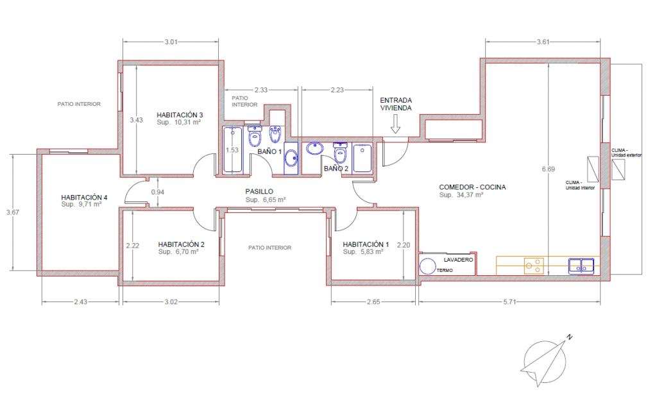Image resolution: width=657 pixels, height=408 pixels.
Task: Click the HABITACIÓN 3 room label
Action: pyautogui.click(x=180, y=115)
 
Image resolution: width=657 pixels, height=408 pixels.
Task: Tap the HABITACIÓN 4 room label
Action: pyautogui.click(x=84, y=198)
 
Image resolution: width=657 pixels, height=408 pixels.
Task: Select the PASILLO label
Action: pyautogui.click(x=259, y=191)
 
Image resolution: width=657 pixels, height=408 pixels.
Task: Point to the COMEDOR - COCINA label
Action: pyautogui.click(x=472, y=187)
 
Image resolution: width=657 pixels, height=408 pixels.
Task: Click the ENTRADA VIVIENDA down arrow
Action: pyautogui.click(x=395, y=124)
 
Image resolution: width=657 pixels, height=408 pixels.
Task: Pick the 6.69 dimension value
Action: pyautogui.click(x=548, y=169)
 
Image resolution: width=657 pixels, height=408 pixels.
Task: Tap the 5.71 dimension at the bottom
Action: pyautogui.click(x=509, y=302)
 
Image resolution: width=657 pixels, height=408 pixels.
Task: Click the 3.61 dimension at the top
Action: pyautogui.click(x=543, y=42)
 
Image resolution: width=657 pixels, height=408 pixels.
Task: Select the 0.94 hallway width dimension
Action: pyautogui.click(x=158, y=192)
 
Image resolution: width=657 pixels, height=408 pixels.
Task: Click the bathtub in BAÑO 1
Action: pyautogui.click(x=232, y=150)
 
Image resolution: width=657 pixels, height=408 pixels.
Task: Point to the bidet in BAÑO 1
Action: pyautogui.click(x=275, y=133)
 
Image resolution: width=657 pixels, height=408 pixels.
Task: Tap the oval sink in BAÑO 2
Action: pyautogui.click(x=314, y=148)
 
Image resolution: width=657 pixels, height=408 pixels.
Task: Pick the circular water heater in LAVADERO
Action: pyautogui.click(x=428, y=266)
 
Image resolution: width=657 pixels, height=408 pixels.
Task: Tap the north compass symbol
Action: pyautogui.click(x=545, y=361)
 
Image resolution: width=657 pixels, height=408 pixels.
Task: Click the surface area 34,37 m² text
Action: pyautogui.click(x=461, y=195)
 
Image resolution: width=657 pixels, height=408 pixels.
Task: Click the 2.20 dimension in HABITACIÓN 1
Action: pyautogui.click(x=404, y=246)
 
